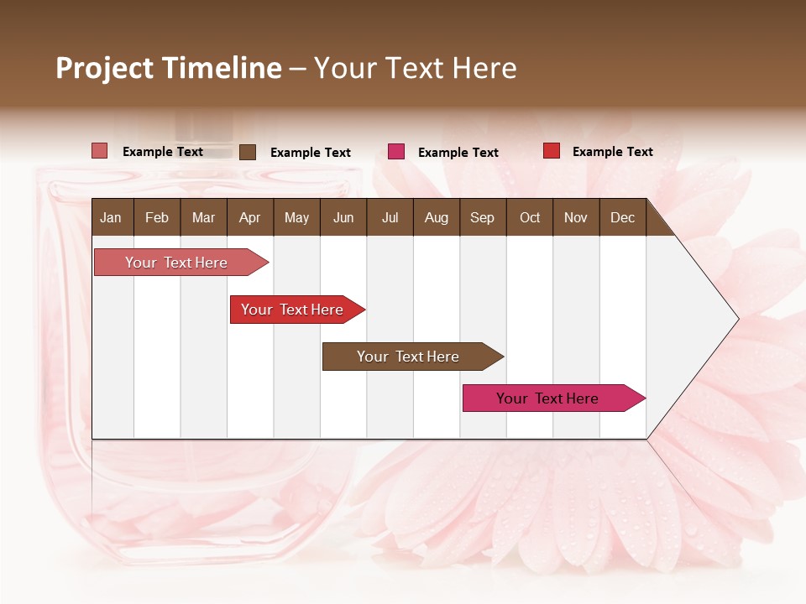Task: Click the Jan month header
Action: (111, 218)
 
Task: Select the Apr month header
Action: (249, 218)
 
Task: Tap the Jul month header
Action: (390, 218)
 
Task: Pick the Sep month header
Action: (482, 218)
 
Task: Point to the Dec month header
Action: (622, 218)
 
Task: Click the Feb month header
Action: (157, 218)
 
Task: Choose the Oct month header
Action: (530, 218)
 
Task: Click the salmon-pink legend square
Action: (100, 151)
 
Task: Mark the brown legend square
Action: (248, 152)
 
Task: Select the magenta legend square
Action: (396, 152)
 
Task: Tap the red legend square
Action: (552, 151)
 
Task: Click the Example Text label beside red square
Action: (612, 152)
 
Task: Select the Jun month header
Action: (343, 218)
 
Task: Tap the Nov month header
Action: (576, 218)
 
